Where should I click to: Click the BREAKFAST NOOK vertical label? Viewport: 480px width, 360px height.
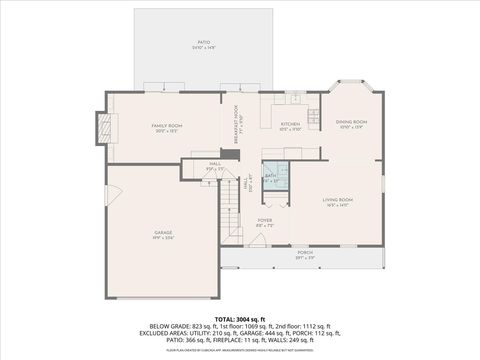[x=236, y=125]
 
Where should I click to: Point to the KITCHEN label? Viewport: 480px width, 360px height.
[x=290, y=126]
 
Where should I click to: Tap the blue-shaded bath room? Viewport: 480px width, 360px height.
[x=273, y=177]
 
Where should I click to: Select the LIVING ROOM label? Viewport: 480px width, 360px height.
[x=337, y=202]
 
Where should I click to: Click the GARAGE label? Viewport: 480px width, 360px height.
[x=163, y=233]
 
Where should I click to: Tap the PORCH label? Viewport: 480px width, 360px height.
[x=304, y=255]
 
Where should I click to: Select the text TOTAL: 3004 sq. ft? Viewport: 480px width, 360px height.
[x=240, y=317]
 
